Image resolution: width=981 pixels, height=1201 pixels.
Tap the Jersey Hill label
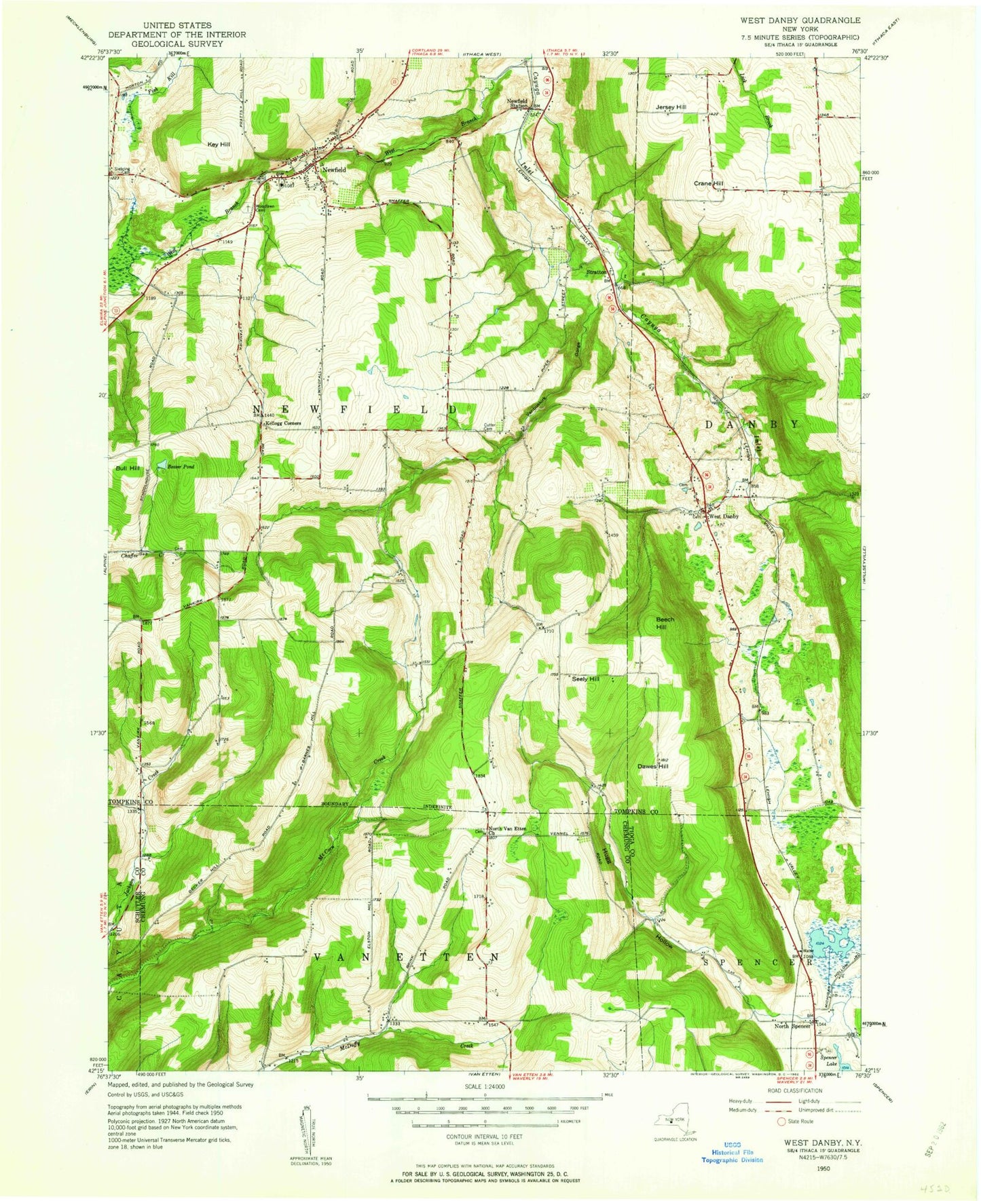(x=671, y=107)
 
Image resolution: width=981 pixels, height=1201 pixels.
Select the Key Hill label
(x=219, y=145)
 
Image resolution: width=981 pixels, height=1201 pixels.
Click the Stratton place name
(x=596, y=272)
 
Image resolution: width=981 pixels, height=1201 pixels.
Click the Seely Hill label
(x=585, y=679)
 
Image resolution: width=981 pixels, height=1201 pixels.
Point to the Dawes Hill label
(x=653, y=766)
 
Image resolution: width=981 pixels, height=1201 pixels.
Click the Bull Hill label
(x=127, y=468)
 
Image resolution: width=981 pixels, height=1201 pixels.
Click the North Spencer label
(x=792, y=1026)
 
